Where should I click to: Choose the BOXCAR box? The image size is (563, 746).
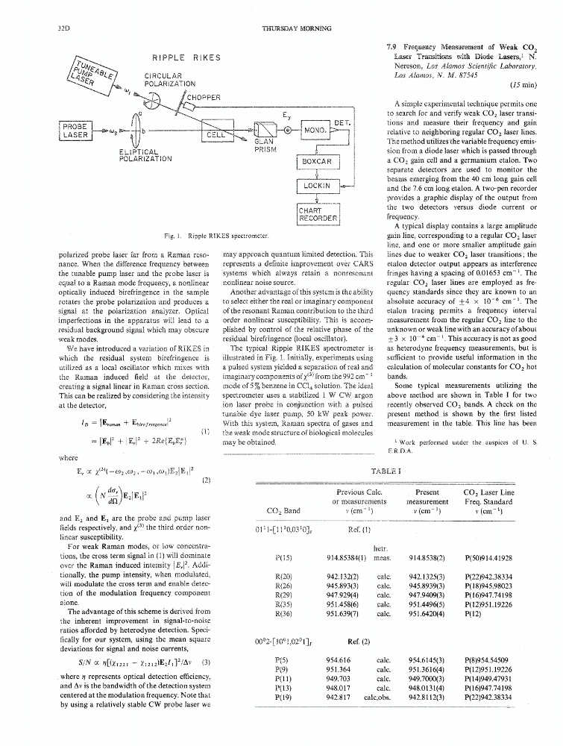coord(318,160)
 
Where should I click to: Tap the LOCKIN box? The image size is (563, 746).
coord(318,186)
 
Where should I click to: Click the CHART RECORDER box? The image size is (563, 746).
coord(318,214)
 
